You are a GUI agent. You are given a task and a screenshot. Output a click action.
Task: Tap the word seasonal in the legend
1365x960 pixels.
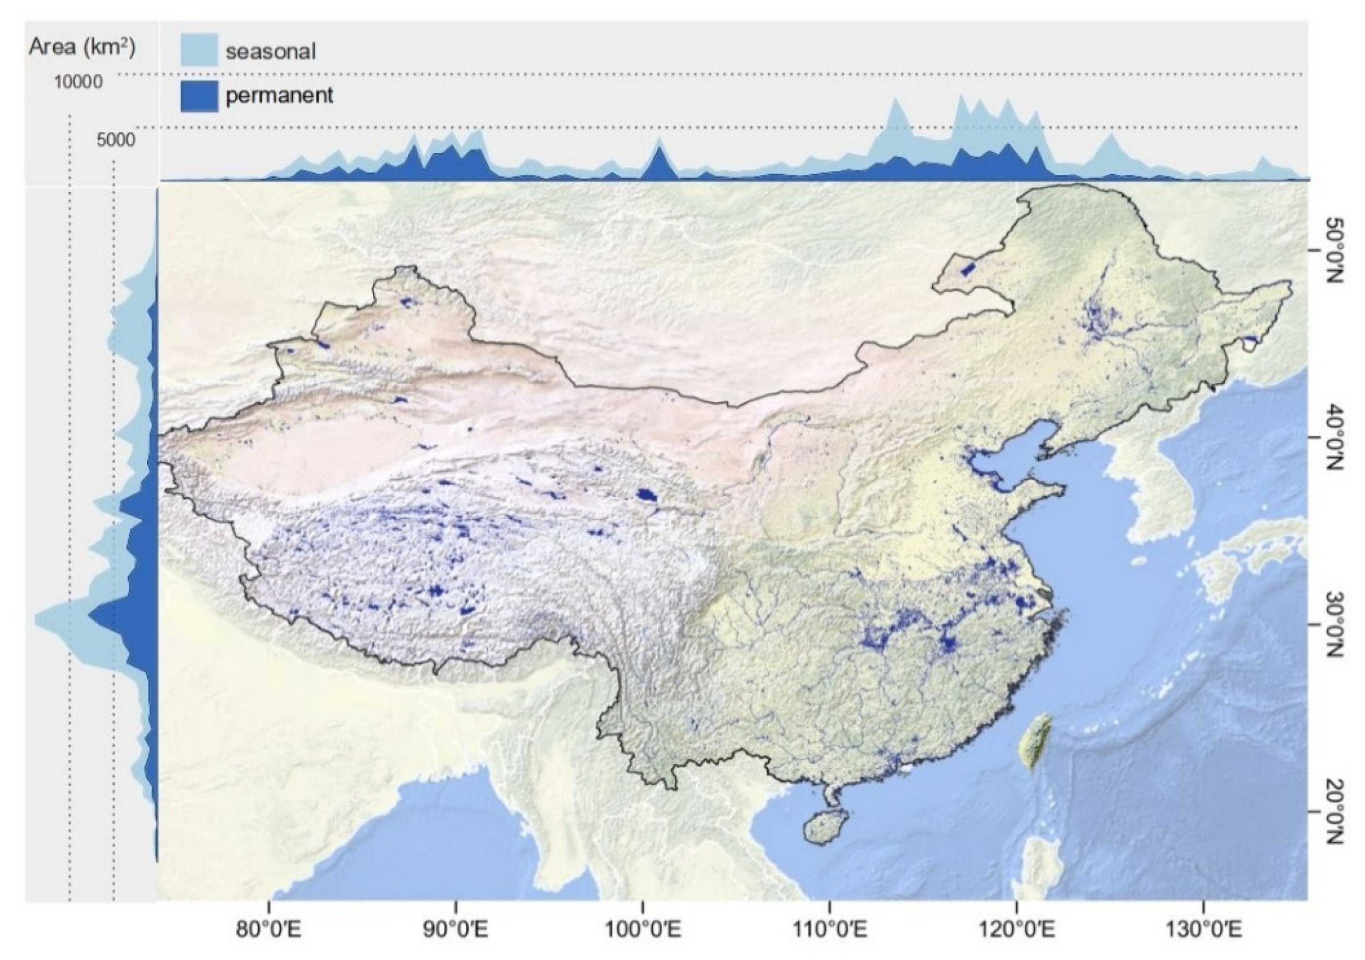pos(271,52)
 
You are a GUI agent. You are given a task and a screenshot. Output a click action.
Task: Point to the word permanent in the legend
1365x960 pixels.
pos(279,96)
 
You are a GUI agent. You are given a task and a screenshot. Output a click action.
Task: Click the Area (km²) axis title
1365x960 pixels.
pos(82,46)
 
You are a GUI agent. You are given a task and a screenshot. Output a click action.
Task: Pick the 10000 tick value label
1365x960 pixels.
pos(79,81)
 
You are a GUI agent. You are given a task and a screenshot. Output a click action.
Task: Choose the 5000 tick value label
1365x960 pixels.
pos(116,140)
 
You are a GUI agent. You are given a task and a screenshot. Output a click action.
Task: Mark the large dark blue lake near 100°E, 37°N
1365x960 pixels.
pos(646,494)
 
